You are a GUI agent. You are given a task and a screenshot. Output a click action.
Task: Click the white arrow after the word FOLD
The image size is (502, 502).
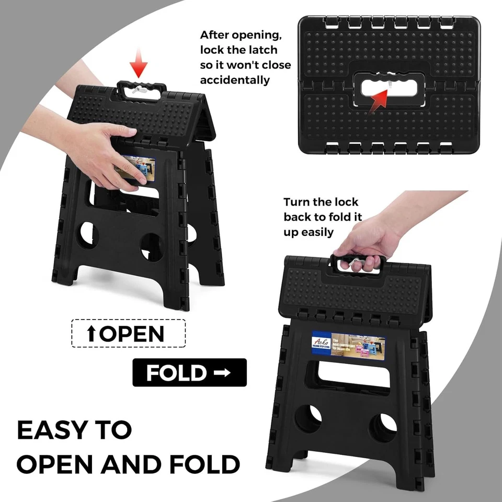(x=222, y=373)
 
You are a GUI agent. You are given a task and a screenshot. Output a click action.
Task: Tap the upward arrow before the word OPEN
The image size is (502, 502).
(x=92, y=334)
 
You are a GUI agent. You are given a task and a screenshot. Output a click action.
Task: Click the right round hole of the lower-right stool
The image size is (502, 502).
(x=383, y=427)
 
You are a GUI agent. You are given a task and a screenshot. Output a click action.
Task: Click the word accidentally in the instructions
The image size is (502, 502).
(x=235, y=80)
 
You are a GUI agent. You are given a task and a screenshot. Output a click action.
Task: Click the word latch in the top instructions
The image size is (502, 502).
(x=262, y=50)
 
